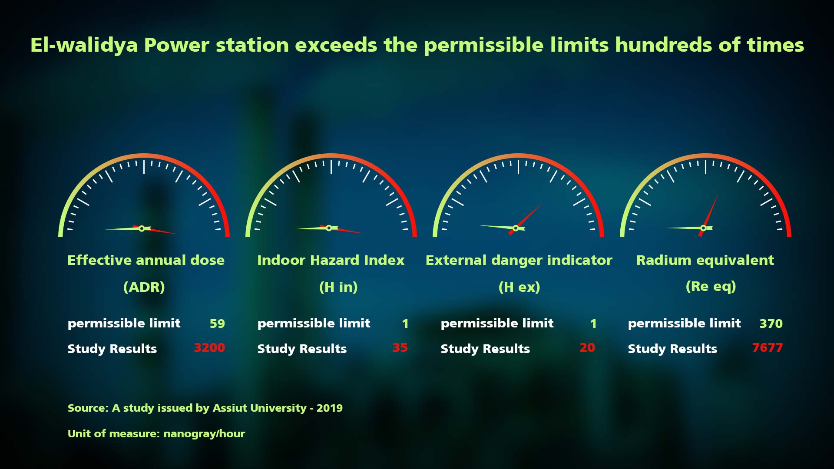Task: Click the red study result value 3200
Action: (x=209, y=348)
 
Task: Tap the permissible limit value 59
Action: (x=217, y=324)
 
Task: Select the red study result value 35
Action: (x=400, y=348)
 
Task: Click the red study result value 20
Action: (x=587, y=348)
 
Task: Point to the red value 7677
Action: (x=767, y=348)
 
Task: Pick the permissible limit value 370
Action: (x=771, y=324)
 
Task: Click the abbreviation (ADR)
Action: (x=144, y=287)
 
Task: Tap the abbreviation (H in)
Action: (x=338, y=287)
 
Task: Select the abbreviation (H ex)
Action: (x=519, y=287)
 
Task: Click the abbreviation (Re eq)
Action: (x=711, y=287)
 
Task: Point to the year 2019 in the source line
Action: (x=330, y=408)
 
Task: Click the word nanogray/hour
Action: (x=204, y=434)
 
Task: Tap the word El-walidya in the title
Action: (x=84, y=45)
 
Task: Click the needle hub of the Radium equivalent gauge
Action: (x=703, y=228)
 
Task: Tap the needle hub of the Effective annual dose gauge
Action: (x=142, y=228)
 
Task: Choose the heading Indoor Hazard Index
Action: (x=331, y=260)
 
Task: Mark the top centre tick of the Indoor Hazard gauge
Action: (x=331, y=167)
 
